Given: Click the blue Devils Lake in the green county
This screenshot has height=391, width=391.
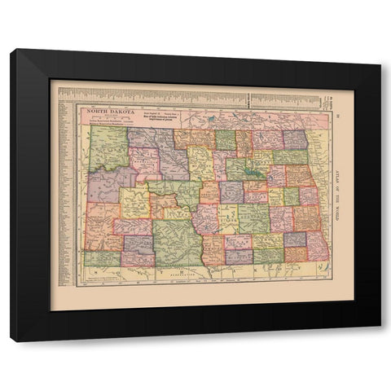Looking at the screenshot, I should click(252, 173).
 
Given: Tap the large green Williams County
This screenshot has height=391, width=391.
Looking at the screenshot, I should click(107, 147).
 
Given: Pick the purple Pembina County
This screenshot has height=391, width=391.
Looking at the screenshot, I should click(295, 139).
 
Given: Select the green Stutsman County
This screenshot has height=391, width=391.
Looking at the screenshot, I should click(253, 217).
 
